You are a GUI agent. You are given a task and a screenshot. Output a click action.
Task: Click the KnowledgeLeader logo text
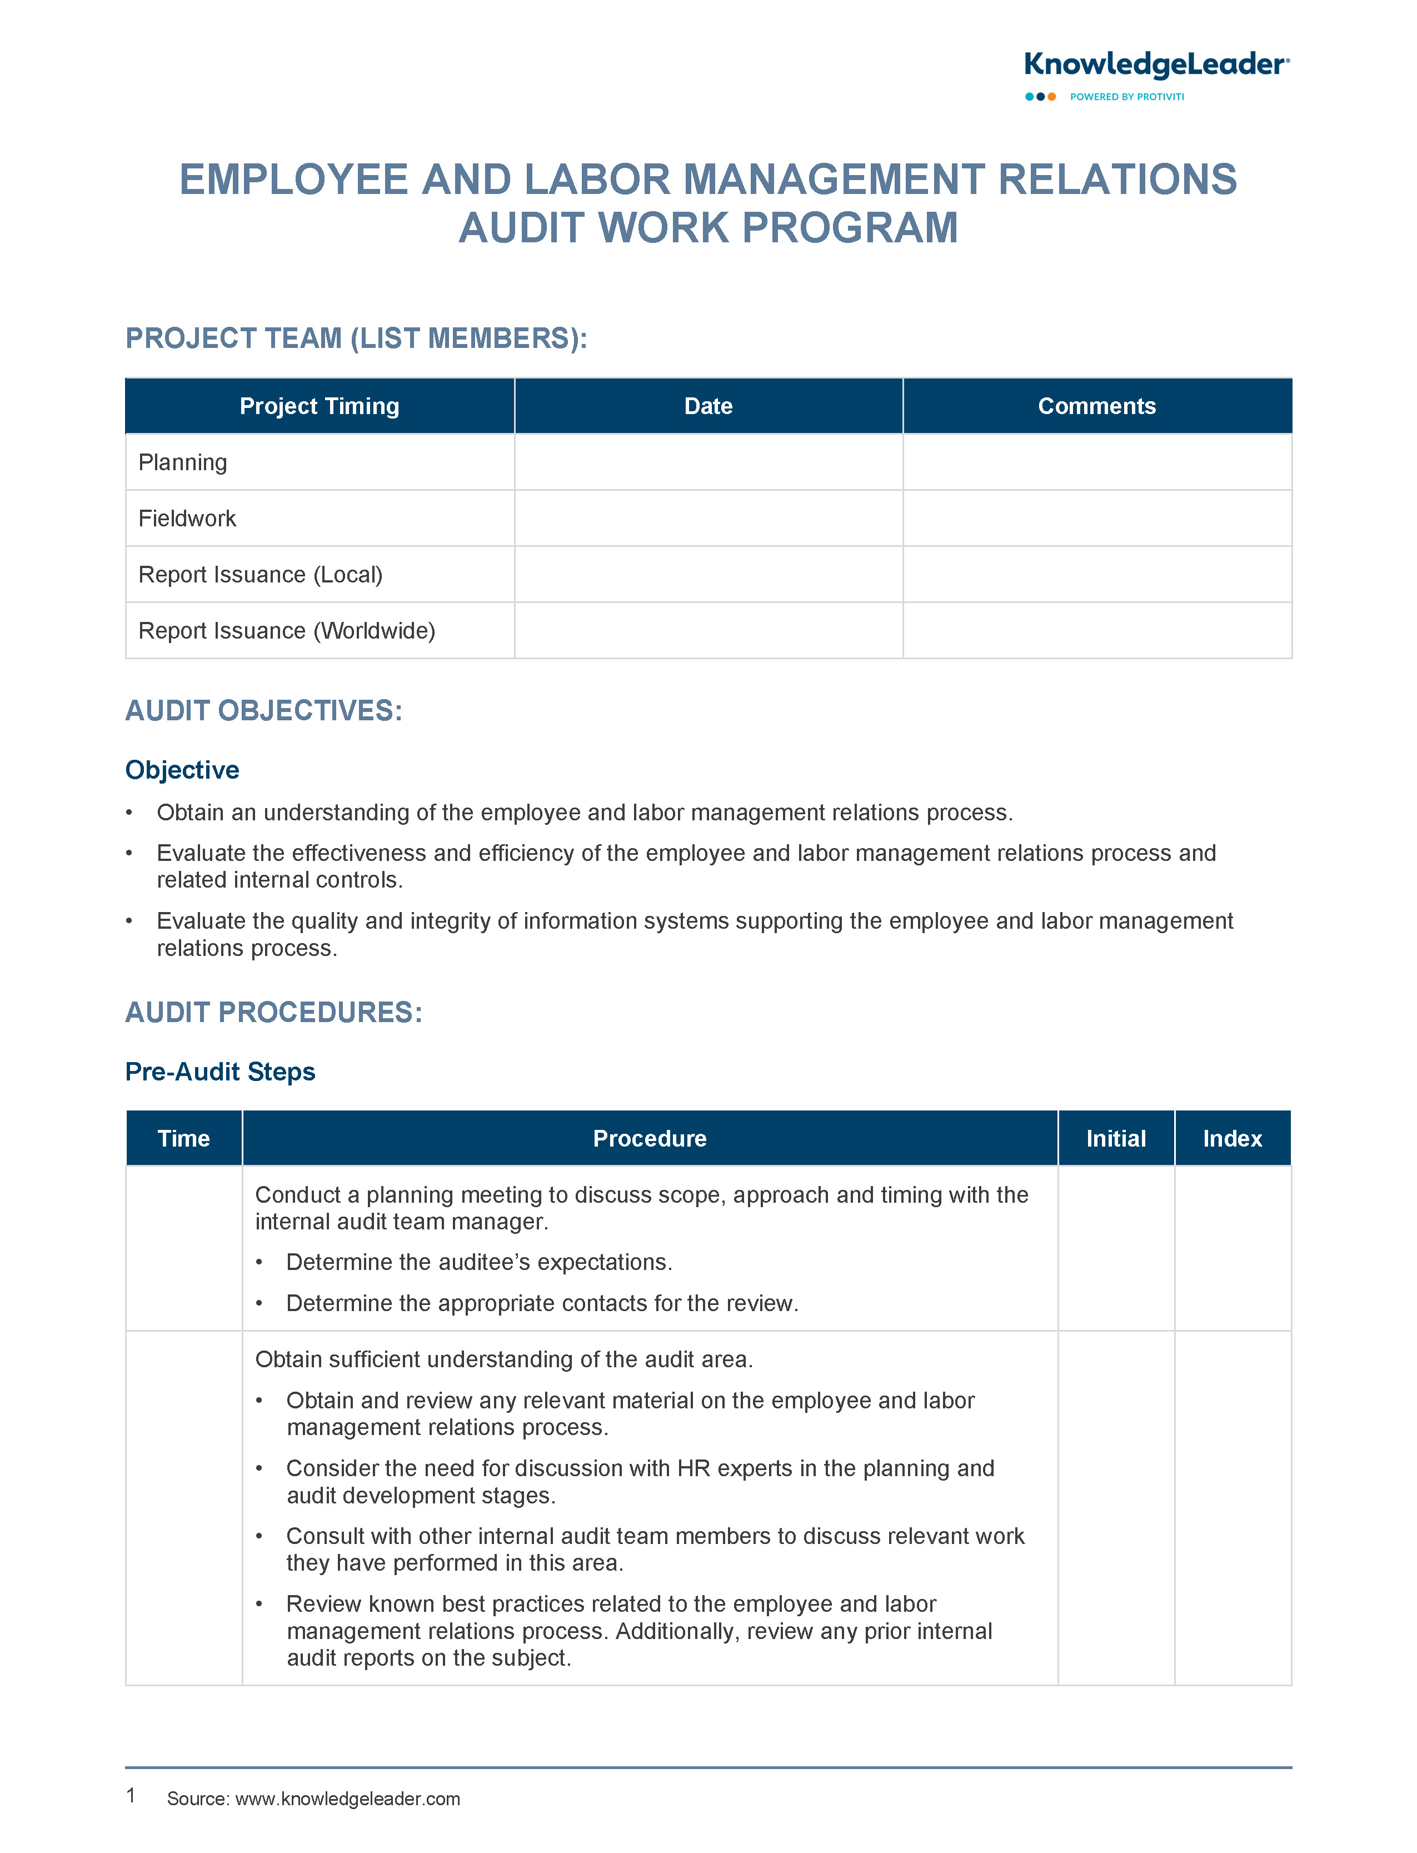(x=1155, y=65)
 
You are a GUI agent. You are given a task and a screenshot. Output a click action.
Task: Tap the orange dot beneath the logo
(x=1052, y=97)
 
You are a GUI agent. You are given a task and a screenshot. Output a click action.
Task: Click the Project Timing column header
(x=319, y=406)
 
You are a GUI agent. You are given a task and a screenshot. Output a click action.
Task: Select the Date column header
(x=708, y=406)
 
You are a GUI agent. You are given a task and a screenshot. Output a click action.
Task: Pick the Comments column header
(x=1096, y=406)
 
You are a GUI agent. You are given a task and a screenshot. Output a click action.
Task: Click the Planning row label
(x=182, y=462)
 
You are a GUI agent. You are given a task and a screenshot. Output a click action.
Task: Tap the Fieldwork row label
(x=187, y=518)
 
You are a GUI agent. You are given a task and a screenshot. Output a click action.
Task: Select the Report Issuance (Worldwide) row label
(x=287, y=630)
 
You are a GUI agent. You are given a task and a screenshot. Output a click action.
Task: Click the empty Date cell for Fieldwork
(x=708, y=518)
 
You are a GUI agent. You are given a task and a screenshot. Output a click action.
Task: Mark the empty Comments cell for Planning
(x=1096, y=462)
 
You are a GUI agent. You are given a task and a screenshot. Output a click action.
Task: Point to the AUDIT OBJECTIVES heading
(x=264, y=710)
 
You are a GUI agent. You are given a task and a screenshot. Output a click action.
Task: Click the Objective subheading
(x=182, y=769)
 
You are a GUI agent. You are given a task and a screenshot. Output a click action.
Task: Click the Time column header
(x=184, y=1139)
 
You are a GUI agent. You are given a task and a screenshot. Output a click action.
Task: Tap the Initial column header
(x=1116, y=1139)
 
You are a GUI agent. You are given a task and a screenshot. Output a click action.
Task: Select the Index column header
(x=1233, y=1139)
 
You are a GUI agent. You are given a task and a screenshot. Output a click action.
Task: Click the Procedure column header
(x=650, y=1139)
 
